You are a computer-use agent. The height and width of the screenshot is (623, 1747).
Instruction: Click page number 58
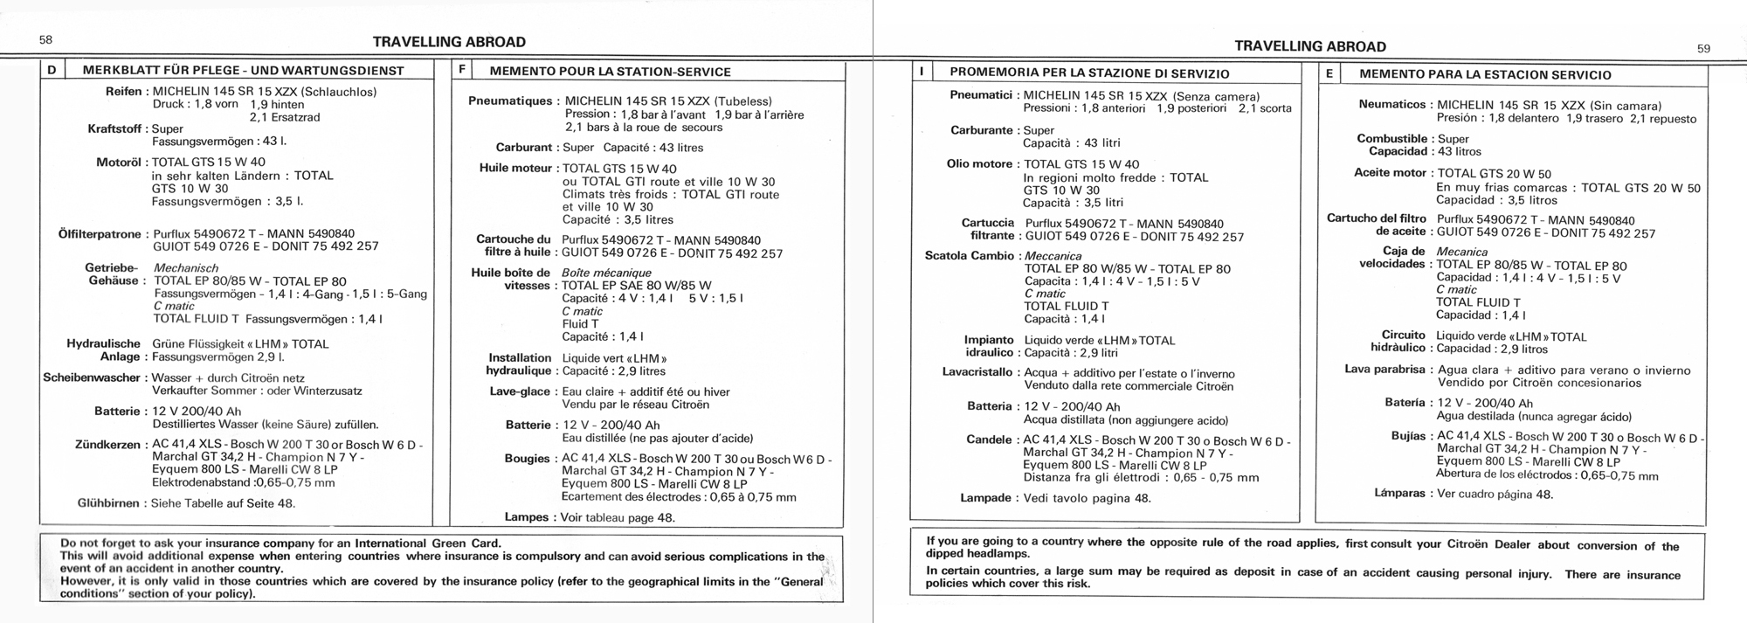45,39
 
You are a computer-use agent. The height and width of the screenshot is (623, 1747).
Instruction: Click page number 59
1703,49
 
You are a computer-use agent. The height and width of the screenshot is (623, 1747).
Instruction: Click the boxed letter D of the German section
53,70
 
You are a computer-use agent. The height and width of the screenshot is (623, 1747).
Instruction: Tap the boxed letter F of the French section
462,71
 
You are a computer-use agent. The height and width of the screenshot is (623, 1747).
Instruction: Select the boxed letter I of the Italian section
922,73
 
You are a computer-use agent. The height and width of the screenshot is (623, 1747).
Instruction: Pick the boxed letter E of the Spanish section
1329,74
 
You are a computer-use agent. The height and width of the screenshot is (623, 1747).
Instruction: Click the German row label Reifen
124,92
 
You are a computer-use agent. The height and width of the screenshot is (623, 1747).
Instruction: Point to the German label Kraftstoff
114,128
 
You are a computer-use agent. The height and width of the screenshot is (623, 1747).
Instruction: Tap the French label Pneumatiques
510,101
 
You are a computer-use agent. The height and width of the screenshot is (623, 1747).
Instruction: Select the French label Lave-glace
520,391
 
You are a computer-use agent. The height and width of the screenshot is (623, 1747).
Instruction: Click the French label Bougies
527,459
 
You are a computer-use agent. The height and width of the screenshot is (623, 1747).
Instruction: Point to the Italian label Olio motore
978,164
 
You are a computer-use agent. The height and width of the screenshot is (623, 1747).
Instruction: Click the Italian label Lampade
985,498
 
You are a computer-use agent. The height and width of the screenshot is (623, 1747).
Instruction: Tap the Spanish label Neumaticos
1392,105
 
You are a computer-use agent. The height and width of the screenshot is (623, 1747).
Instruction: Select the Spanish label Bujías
1408,436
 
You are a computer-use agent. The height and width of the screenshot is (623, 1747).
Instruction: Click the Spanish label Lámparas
1399,494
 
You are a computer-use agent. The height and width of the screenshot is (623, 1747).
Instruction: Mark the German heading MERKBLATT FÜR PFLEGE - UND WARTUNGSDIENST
243,71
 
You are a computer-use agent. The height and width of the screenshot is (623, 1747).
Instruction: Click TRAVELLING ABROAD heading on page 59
1310,47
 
